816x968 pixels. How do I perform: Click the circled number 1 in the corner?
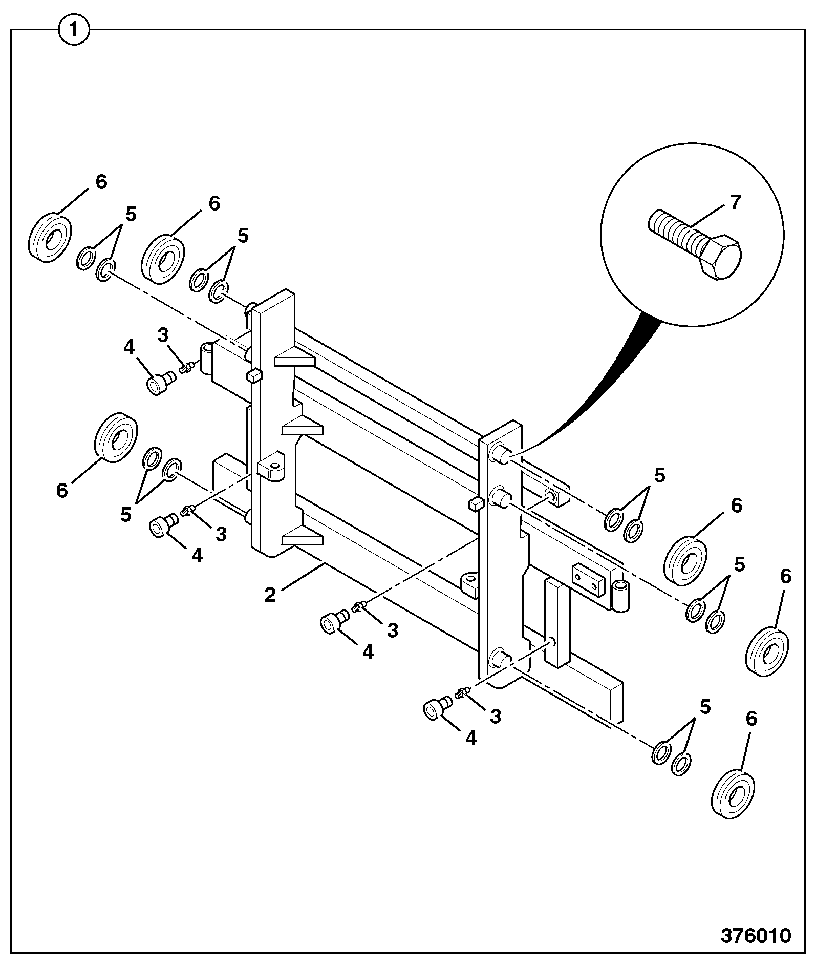pyautogui.click(x=74, y=30)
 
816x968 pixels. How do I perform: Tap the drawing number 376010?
pyautogui.click(x=756, y=936)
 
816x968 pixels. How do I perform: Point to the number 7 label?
pyautogui.click(x=736, y=203)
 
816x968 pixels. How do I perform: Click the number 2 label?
pyautogui.click(x=270, y=595)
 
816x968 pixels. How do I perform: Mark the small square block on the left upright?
pyautogui.click(x=254, y=377)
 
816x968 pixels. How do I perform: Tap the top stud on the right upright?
pyautogui.click(x=500, y=453)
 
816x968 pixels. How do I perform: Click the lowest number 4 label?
pyautogui.click(x=470, y=738)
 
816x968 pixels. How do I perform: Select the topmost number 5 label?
pyautogui.click(x=131, y=215)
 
